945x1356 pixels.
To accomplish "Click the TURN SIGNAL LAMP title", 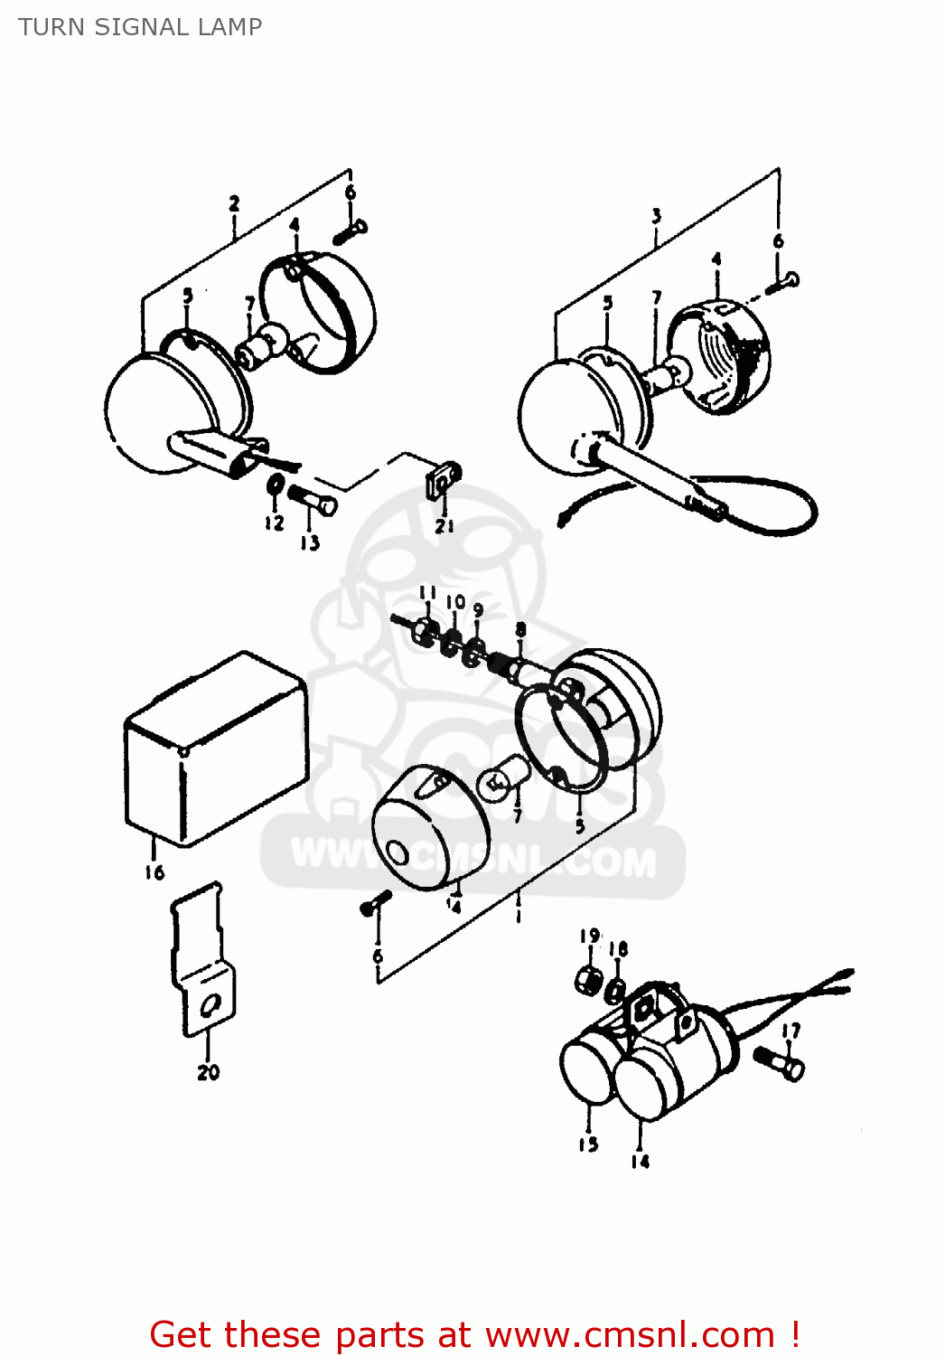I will coord(140,27).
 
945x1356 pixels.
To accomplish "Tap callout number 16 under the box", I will coord(154,871).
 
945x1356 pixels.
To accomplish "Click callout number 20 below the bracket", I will coord(208,1072).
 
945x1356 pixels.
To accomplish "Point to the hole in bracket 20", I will coord(211,1004).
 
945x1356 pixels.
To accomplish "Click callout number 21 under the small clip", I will coord(444,525).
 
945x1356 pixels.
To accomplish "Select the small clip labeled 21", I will coord(443,479).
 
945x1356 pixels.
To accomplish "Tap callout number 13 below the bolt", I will coord(310,542).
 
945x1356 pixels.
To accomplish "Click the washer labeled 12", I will coord(275,486).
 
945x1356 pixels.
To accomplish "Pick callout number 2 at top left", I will coord(234,203).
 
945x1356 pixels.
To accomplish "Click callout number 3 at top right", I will coord(656,216).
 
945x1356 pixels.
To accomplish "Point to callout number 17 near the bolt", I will coord(791,1031).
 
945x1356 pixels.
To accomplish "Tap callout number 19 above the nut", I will coord(589,936).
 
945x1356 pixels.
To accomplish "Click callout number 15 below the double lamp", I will coord(588,1144).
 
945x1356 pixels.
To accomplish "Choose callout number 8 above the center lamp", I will coord(520,629).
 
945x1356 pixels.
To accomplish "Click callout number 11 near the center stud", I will coord(427,594).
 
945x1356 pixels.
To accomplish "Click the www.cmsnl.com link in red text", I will coord(629,1335).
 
